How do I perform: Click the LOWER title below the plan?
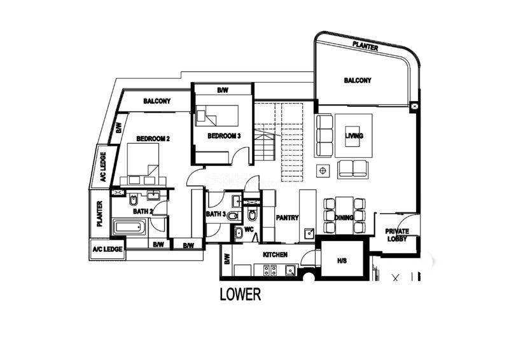click(x=241, y=294)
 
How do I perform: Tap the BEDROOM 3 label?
click(x=224, y=135)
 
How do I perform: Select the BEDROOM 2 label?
click(x=153, y=139)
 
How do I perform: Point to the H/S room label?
click(x=342, y=261)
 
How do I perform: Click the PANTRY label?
click(x=287, y=218)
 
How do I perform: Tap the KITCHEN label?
click(x=275, y=254)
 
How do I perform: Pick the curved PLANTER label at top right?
click(x=365, y=46)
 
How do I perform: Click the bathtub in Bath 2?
click(x=130, y=227)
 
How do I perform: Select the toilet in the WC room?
click(x=251, y=214)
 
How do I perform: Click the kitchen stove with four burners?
click(x=270, y=270)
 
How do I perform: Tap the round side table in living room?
click(x=323, y=170)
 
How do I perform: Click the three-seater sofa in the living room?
click(x=324, y=135)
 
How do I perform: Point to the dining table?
click(x=344, y=214)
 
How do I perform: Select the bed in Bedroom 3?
click(x=217, y=115)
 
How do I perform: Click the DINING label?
click(x=344, y=218)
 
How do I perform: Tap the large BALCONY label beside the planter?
click(x=358, y=80)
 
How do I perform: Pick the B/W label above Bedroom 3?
click(x=223, y=90)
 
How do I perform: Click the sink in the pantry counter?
click(x=309, y=233)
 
